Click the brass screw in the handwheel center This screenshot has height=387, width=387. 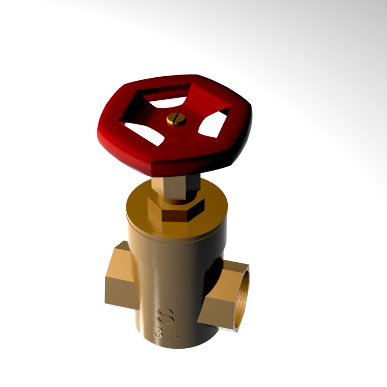pyautogui.click(x=176, y=120)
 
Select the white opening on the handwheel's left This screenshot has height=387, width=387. pyautogui.click(x=141, y=132)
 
